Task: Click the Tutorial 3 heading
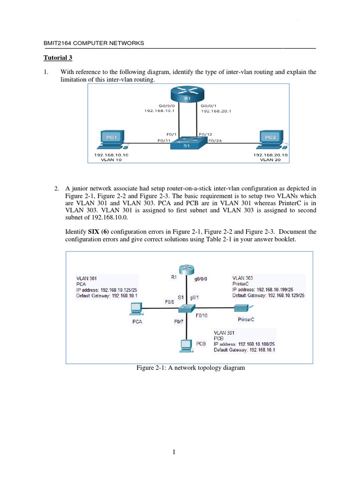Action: tap(58, 58)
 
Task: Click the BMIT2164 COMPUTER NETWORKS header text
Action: tap(94, 43)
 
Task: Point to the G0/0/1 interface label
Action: tap(209, 106)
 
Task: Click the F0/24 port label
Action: tap(215, 140)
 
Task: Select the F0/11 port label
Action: tap(164, 140)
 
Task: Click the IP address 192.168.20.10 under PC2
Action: tap(270, 154)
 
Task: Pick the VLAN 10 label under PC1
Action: tap(111, 159)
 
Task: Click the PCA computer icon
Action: tap(136, 308)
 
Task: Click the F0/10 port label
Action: tap(202, 315)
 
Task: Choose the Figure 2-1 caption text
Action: tap(190, 368)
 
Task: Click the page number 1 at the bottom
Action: tap(174, 452)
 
